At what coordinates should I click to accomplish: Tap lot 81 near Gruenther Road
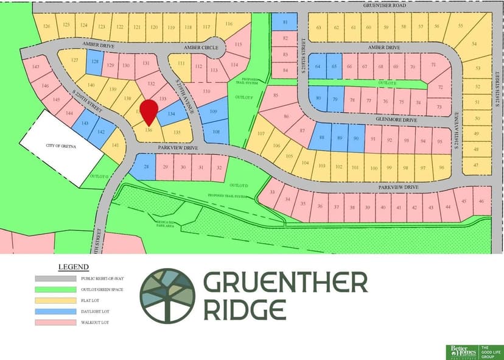[x=285, y=22]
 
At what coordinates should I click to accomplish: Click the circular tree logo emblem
[x=167, y=295]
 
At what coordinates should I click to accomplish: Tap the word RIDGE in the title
[x=245, y=309]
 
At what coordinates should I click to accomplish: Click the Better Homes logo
[x=461, y=351]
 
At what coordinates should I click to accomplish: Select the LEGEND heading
[x=73, y=267]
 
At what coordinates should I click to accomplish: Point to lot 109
[x=214, y=112]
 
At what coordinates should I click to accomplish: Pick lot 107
[x=261, y=134]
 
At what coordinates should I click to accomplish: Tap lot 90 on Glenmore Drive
[x=356, y=138]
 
